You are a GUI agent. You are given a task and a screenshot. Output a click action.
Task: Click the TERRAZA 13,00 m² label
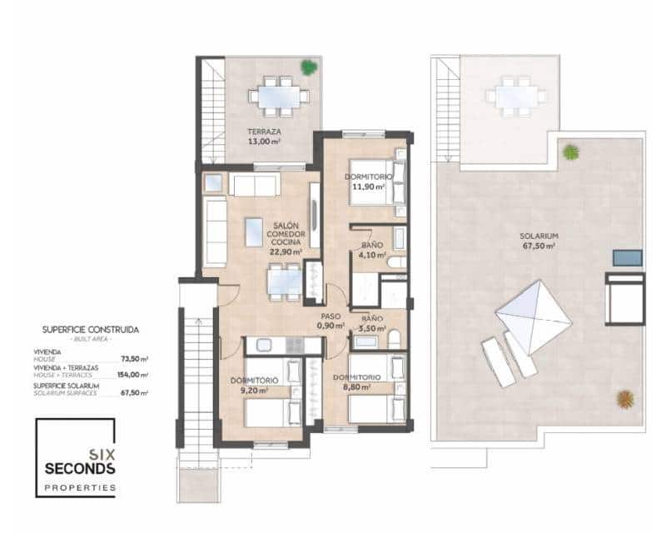tap(264, 137)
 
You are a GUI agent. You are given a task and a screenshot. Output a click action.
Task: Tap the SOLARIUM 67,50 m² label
tap(541, 241)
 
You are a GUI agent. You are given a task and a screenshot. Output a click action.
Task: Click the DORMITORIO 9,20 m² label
tap(254, 385)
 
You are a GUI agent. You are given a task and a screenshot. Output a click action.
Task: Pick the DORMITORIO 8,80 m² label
tap(357, 381)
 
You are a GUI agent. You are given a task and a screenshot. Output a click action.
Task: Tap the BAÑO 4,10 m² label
tap(372, 251)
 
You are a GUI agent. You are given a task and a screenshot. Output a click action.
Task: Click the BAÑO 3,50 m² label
tap(371, 324)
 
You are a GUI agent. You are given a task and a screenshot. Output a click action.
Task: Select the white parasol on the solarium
tap(534, 316)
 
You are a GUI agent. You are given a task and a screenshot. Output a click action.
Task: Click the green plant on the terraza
tap(309, 67)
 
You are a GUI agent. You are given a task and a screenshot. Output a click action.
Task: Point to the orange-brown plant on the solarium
tap(625, 399)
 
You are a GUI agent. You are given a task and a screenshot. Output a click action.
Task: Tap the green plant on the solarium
tap(570, 152)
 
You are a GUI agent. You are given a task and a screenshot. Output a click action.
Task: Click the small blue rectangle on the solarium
tap(628, 257)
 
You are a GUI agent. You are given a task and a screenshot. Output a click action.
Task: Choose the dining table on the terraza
tap(280, 96)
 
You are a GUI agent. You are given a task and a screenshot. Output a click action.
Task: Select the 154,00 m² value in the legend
tap(134, 376)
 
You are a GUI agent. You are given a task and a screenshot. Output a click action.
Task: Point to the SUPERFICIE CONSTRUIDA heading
tap(91, 330)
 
